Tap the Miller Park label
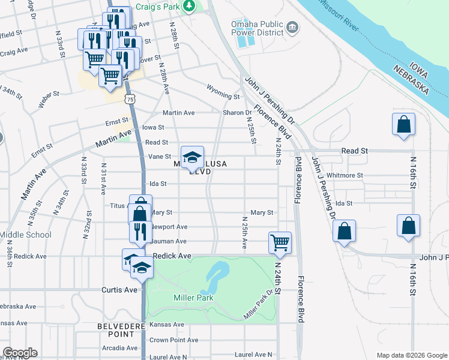point(194,298)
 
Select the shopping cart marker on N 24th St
point(280,242)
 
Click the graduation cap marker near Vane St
point(193,157)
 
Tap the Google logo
point(20,353)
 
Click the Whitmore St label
point(345,175)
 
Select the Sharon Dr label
point(237,112)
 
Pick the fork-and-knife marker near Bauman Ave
point(140,232)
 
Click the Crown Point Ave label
point(173,340)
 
